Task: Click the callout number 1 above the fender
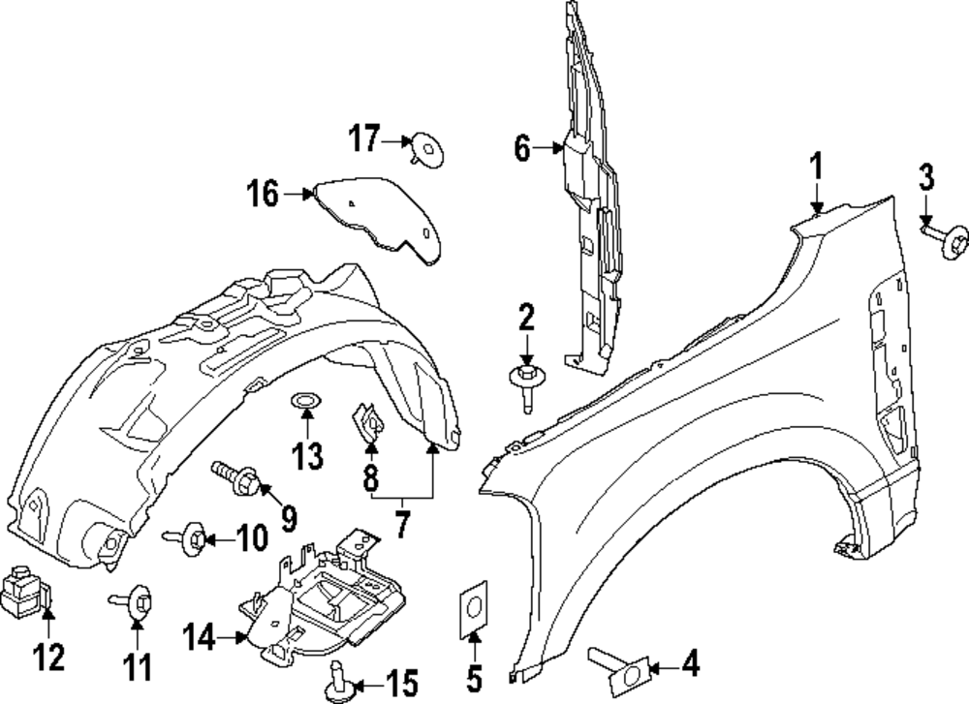(x=816, y=166)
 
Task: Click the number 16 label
(x=262, y=195)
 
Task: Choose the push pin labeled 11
(x=136, y=601)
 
